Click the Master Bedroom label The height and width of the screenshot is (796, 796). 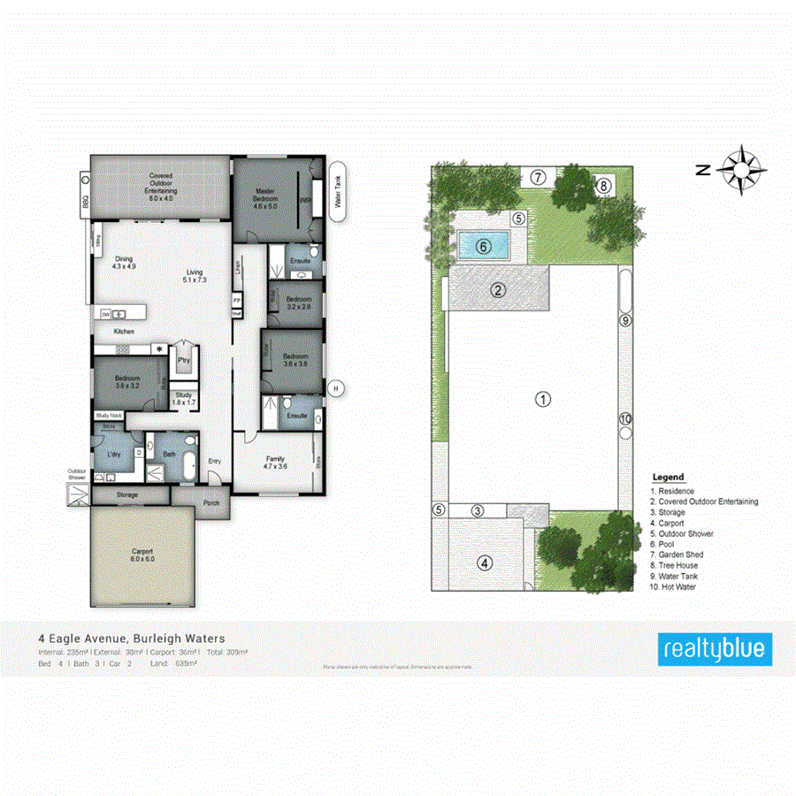(x=266, y=198)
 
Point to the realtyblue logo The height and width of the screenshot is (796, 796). (x=716, y=649)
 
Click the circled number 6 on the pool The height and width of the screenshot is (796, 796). (x=483, y=247)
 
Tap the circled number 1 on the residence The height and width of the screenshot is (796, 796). (x=543, y=399)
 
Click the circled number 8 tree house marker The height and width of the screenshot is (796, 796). (x=602, y=186)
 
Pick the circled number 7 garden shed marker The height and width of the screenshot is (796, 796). (x=538, y=176)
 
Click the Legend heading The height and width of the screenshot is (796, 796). (x=668, y=478)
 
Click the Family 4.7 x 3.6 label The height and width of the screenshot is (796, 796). (x=275, y=462)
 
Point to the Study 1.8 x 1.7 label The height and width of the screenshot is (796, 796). (x=184, y=399)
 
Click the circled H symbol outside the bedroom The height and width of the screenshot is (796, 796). (x=334, y=387)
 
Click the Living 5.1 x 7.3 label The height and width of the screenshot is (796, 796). (x=194, y=275)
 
